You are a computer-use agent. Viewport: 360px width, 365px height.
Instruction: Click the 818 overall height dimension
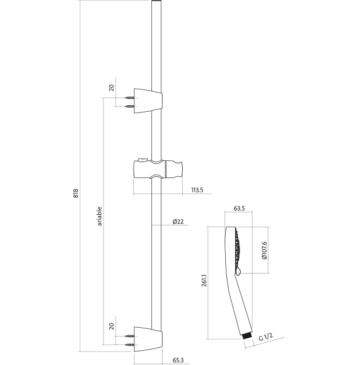point(76,193)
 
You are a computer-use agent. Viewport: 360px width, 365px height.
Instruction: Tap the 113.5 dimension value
point(197,190)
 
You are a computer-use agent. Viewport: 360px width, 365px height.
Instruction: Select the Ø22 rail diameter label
point(178,221)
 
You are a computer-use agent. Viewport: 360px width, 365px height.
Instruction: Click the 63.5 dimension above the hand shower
point(239,208)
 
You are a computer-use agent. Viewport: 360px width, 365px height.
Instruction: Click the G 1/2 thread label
point(265,337)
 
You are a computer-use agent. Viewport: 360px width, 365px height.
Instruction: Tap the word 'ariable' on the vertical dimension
point(99,216)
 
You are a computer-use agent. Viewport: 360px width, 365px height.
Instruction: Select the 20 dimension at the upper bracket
point(111,88)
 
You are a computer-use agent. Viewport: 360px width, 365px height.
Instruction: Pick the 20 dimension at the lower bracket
point(111,327)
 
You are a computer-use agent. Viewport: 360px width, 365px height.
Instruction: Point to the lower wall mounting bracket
point(147,340)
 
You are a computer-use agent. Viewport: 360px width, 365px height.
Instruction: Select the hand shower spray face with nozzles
point(236,250)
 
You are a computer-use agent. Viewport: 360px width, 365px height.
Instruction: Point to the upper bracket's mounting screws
point(130,101)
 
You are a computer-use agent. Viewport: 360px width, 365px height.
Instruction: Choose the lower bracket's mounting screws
point(130,340)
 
